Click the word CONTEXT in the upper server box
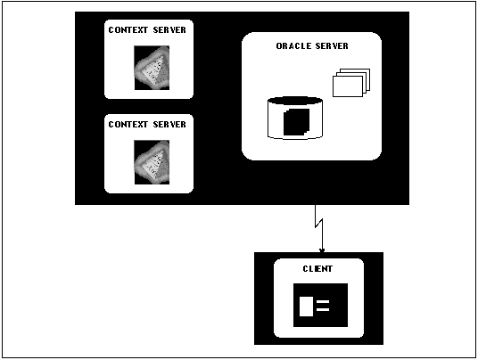click(128, 29)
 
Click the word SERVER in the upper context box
click(169, 29)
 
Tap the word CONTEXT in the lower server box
click(128, 124)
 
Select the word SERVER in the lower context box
click(169, 124)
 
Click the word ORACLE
click(293, 46)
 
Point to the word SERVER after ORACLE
click(332, 46)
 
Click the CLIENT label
click(317, 268)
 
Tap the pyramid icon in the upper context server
click(152, 68)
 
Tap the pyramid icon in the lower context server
click(152, 162)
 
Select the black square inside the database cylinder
click(296, 122)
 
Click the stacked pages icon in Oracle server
click(351, 83)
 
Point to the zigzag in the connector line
click(319, 224)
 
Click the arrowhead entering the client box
click(322, 250)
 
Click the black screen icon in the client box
click(320, 305)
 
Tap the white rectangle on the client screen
click(306, 307)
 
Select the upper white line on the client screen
click(323, 302)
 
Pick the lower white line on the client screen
click(323, 309)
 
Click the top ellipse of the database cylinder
click(295, 101)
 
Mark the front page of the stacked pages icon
click(348, 86)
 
